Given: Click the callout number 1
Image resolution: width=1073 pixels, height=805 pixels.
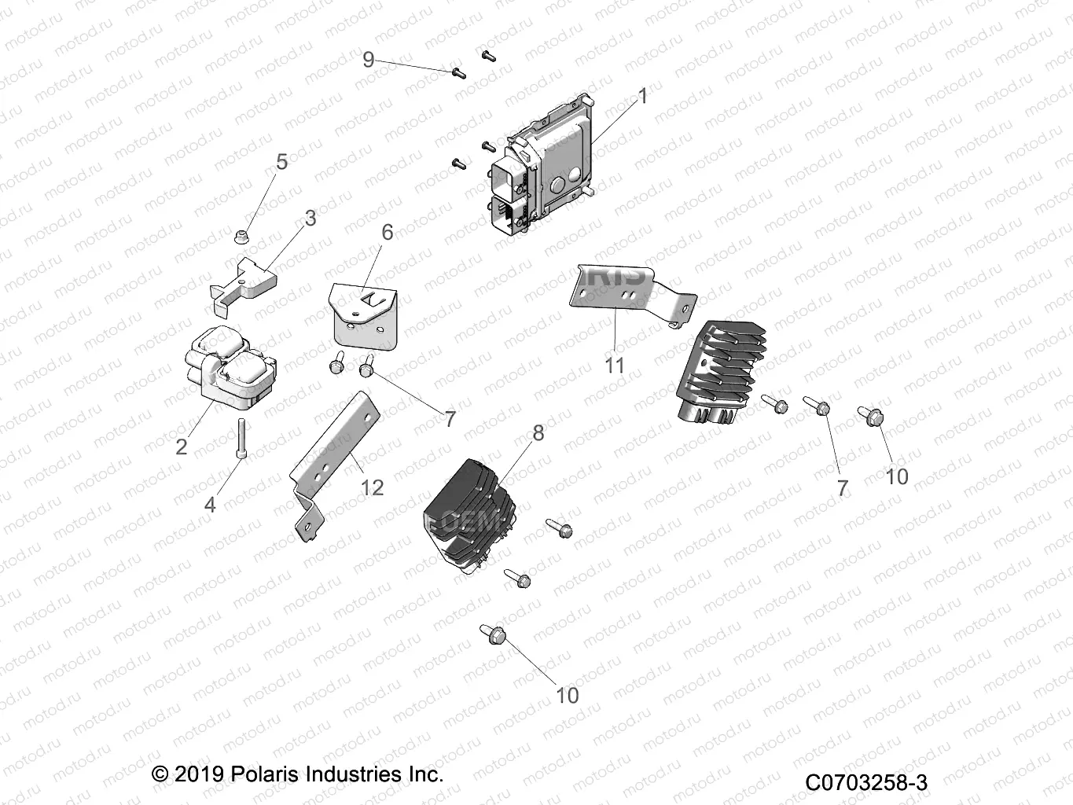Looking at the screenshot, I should tap(643, 96).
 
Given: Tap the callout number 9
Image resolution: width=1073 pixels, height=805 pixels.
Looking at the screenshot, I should tap(368, 60).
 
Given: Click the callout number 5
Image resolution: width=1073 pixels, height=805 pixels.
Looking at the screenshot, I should tap(281, 162).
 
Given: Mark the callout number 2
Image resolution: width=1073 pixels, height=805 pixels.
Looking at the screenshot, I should tap(182, 447).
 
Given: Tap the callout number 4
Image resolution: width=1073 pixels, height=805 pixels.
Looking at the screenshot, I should tap(209, 504).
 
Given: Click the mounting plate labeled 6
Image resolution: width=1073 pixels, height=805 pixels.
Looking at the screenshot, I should tap(364, 315).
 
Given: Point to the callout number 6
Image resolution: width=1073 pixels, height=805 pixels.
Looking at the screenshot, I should tap(387, 232).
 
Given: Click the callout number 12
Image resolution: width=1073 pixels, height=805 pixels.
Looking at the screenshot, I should tap(371, 487).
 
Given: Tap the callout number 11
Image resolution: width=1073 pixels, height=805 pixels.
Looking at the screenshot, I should tap(614, 366).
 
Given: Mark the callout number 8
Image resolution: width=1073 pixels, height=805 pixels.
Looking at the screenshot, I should tap(538, 432).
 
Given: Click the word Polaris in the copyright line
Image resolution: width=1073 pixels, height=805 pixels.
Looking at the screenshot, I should tap(267, 774).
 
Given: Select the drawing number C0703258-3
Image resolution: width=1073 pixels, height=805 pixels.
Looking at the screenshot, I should tap(865, 783).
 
